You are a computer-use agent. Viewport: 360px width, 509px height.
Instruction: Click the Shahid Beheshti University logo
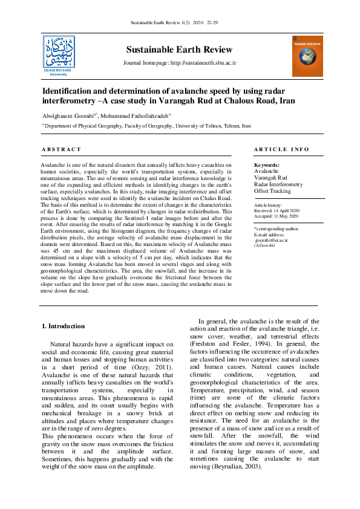coord(59,55)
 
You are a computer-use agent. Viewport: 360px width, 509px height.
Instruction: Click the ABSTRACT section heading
coord(61,149)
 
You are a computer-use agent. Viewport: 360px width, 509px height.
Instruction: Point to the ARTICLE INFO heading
coord(281,149)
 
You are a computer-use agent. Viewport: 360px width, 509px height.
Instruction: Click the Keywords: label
coord(267,165)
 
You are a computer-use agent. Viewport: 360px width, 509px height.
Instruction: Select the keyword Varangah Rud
coord(270,178)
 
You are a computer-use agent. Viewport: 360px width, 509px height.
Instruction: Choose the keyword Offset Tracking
coord(272,191)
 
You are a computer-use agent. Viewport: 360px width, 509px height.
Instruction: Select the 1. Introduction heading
coord(63,326)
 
